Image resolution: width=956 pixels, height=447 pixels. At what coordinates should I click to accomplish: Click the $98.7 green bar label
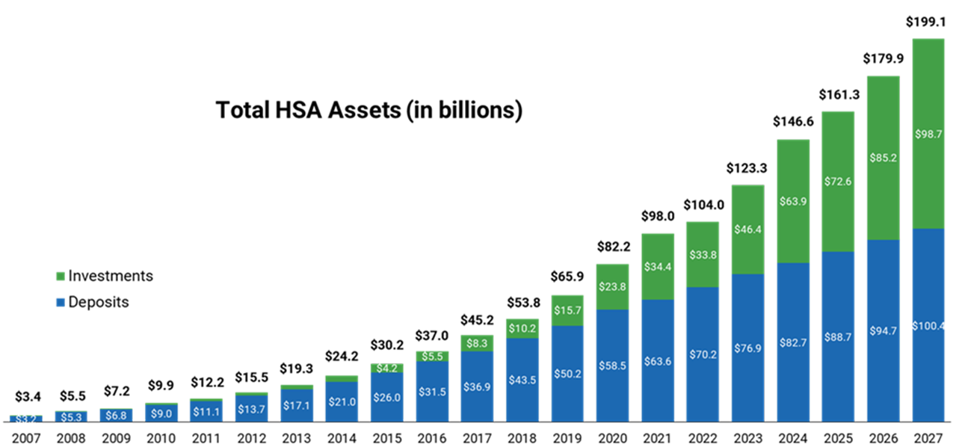(x=929, y=134)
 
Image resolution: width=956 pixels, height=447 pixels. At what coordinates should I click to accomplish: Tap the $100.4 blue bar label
(x=928, y=326)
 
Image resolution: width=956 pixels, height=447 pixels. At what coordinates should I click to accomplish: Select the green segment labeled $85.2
(x=883, y=158)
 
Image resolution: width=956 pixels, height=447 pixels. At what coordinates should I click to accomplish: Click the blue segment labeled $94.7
(x=883, y=331)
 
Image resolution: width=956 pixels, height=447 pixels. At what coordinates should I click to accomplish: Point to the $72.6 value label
(x=837, y=181)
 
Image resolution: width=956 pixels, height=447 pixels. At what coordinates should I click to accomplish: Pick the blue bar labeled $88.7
(x=837, y=337)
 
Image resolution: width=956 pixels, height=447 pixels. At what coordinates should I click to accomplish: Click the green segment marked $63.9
(x=792, y=201)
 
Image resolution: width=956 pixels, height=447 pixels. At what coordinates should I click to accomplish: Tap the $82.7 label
(x=792, y=342)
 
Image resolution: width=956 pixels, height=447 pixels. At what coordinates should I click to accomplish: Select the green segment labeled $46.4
(x=747, y=229)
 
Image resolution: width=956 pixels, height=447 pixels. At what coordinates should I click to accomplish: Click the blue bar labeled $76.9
(x=747, y=348)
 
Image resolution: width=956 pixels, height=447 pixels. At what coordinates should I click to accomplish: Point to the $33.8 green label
(x=702, y=255)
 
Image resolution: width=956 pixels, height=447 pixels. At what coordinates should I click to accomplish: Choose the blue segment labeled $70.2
(x=702, y=354)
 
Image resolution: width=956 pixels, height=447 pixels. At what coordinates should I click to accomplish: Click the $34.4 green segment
(x=658, y=267)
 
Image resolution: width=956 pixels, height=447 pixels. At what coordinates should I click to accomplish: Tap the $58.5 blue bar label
(x=612, y=366)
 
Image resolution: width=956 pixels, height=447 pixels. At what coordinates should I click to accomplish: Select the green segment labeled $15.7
(x=567, y=310)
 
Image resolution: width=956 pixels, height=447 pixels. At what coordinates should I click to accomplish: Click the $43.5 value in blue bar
(x=522, y=380)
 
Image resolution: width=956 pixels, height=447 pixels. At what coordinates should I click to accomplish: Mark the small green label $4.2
(x=386, y=368)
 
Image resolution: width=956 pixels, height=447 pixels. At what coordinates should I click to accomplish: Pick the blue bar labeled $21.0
(x=342, y=402)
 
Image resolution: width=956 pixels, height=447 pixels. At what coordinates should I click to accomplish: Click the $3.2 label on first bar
(x=25, y=420)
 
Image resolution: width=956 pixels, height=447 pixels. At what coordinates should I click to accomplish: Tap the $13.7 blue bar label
(x=250, y=409)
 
